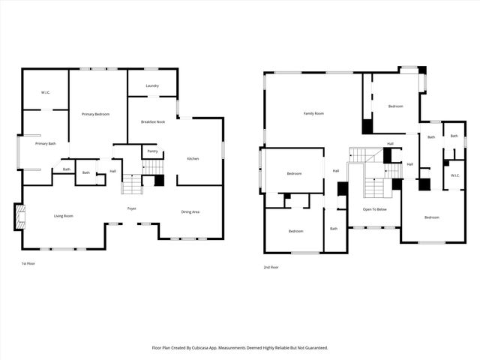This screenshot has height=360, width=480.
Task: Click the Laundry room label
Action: click(x=152, y=85)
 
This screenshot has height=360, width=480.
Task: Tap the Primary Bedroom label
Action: click(x=96, y=113)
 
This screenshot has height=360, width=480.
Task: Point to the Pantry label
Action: click(x=152, y=151)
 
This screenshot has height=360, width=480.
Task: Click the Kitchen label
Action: click(x=193, y=158)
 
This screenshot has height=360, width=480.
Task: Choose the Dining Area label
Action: click(x=190, y=212)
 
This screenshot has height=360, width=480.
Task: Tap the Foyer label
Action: click(x=131, y=208)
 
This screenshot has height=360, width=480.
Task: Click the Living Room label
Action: click(x=63, y=216)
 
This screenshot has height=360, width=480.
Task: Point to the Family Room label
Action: click(x=313, y=113)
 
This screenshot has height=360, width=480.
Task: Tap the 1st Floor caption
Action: click(x=28, y=264)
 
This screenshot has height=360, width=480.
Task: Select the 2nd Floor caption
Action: click(x=271, y=267)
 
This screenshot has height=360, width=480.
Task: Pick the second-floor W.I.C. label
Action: click(x=455, y=175)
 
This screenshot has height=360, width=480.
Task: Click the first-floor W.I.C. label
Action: click(x=45, y=92)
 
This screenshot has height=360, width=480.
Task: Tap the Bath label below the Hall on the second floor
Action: click(x=334, y=228)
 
